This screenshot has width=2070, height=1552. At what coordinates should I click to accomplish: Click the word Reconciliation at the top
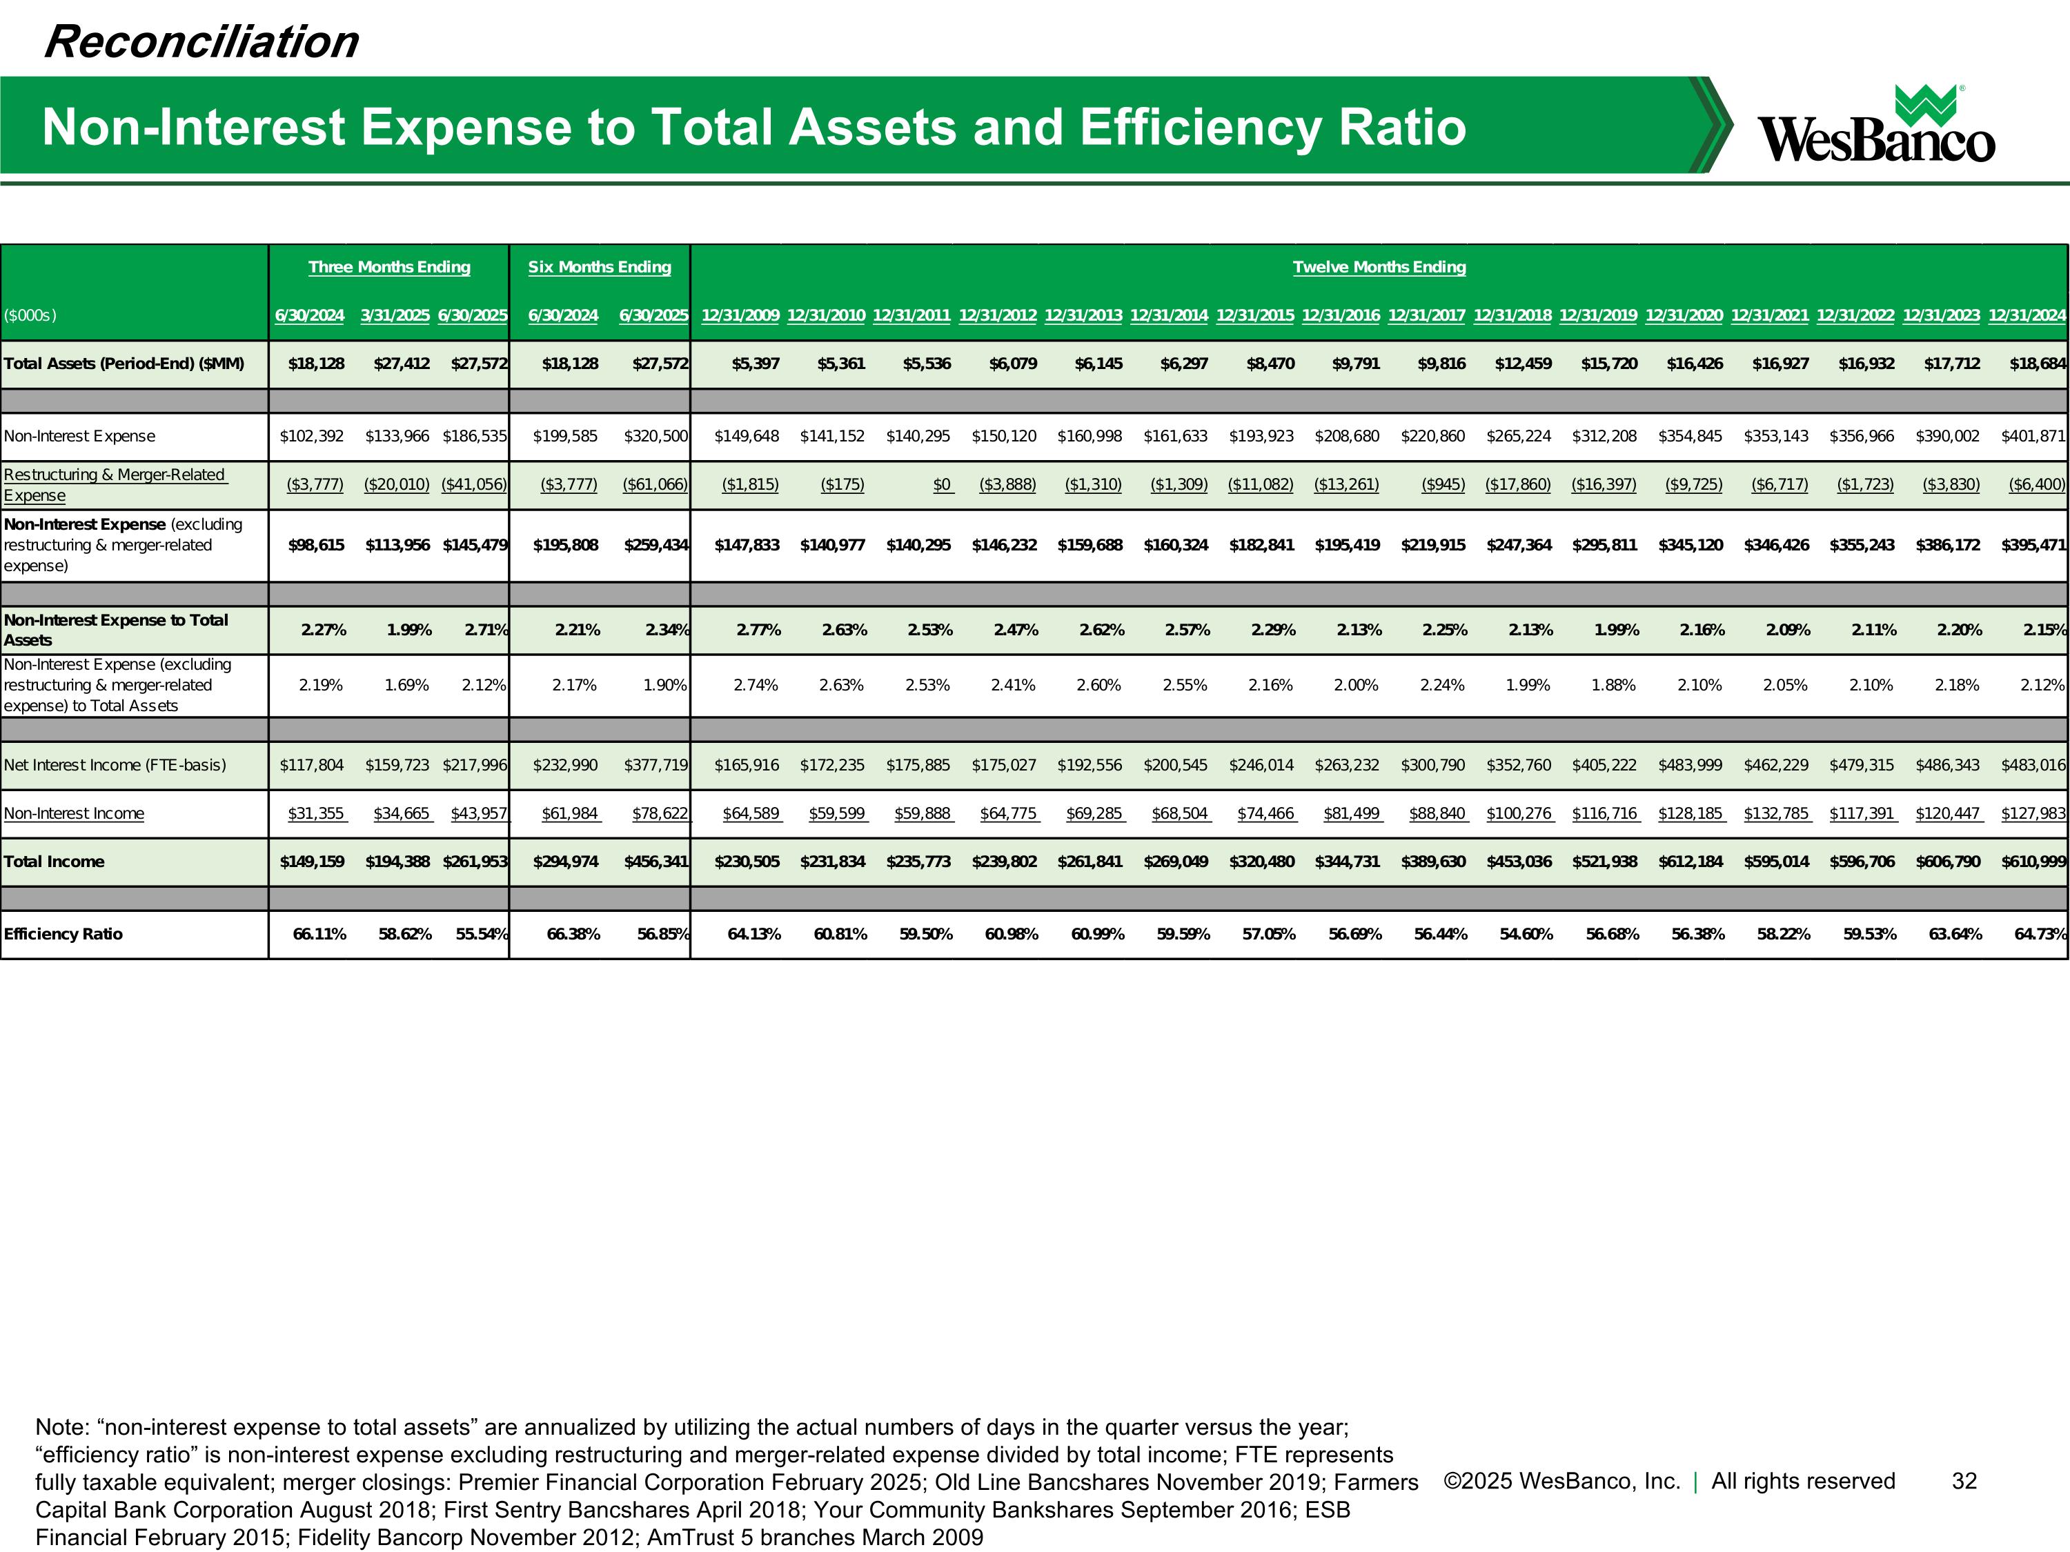[x=201, y=42]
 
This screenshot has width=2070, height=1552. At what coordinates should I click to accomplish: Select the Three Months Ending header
[x=389, y=268]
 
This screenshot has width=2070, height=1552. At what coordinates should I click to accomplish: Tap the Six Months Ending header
[x=599, y=268]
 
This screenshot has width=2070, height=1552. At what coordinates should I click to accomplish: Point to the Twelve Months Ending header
[x=1379, y=268]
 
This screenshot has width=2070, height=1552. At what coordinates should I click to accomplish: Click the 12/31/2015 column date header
[x=1255, y=315]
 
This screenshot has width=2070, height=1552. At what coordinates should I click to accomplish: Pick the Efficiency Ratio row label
[x=63, y=935]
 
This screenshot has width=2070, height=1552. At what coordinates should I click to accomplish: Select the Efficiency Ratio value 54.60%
[x=1526, y=935]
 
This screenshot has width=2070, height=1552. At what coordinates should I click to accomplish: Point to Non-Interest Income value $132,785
[x=1776, y=814]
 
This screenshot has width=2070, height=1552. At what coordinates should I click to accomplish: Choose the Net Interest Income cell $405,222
[x=1604, y=765]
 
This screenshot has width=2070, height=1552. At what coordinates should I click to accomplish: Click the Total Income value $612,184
[x=1690, y=862]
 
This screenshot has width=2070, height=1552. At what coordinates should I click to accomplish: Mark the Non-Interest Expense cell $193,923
[x=1261, y=436]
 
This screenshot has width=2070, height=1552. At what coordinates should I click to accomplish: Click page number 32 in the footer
[x=1963, y=1481]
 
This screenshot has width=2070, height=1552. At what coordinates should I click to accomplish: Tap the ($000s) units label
[x=30, y=316]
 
